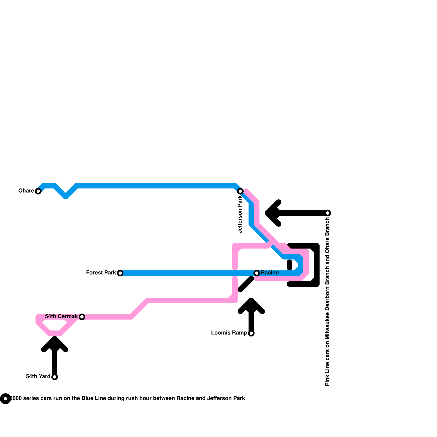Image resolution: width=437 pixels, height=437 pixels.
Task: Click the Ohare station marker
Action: point(38,191)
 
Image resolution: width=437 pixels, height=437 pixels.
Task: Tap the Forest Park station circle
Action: point(120,273)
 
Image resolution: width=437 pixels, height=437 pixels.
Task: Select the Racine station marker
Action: point(257,273)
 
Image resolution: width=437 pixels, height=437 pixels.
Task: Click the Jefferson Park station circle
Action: point(240,191)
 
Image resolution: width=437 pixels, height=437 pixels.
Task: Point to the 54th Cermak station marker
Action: point(82,317)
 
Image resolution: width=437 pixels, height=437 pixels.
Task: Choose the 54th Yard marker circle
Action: point(55,377)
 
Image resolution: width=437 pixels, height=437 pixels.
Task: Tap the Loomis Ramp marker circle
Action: point(251,333)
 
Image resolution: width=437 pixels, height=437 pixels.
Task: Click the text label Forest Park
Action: point(101,273)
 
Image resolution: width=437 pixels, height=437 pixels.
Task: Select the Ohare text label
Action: point(26,191)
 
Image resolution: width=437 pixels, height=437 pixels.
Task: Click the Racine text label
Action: point(270,273)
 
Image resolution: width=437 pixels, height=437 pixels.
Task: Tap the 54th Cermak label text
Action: point(61,317)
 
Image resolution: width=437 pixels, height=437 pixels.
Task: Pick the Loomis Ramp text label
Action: point(229,333)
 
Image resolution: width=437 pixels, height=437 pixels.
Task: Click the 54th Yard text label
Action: point(38,377)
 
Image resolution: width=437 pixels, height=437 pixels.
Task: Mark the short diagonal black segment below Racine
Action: point(246,284)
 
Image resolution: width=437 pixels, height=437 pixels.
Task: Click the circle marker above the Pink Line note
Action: point(328,213)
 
